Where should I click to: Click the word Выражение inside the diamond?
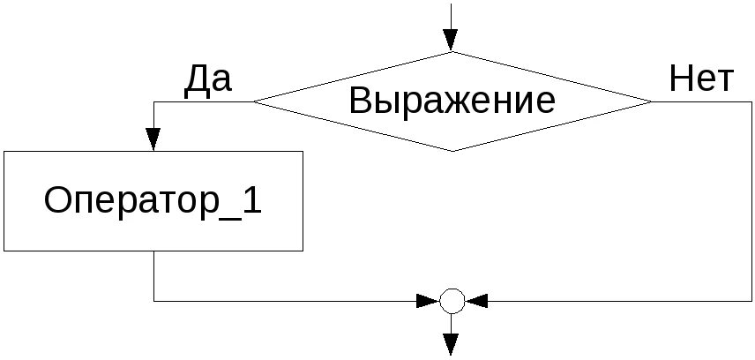point(452,101)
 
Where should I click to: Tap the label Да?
point(207,79)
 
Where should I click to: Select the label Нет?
point(700,79)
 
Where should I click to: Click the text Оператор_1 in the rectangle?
point(153,201)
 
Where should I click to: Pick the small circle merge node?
point(452,301)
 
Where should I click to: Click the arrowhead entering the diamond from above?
point(452,40)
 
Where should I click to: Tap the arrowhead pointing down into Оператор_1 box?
point(153,139)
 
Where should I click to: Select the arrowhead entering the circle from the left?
point(430,301)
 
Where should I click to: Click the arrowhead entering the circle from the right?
point(476,301)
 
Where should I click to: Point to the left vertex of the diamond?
point(253,101)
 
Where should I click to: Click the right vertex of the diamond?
point(653,101)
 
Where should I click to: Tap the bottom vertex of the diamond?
point(452,151)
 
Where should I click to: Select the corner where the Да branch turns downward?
point(153,101)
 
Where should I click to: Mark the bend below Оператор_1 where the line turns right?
point(153,301)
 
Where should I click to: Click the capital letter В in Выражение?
point(361,101)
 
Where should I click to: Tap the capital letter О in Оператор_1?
point(58,201)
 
